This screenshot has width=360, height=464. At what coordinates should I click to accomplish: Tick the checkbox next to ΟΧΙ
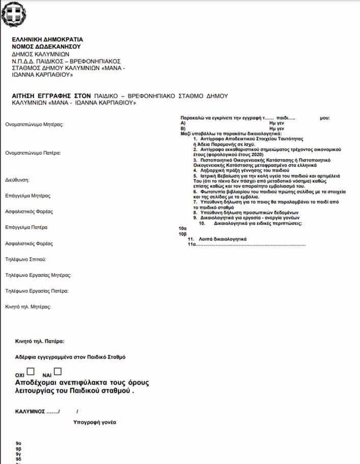pyautogui.click(x=31, y=372)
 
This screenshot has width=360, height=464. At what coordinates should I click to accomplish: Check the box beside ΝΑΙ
pyautogui.click(x=58, y=372)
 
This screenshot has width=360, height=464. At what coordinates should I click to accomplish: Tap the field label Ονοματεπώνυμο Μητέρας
pyautogui.click(x=36, y=124)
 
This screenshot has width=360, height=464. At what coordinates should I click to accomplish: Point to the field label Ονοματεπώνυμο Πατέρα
pyautogui.click(x=34, y=153)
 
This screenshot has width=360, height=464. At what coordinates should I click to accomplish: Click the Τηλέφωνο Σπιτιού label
pyautogui.click(x=26, y=260)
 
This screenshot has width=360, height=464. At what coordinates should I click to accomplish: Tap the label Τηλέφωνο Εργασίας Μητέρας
pyautogui.click(x=38, y=276)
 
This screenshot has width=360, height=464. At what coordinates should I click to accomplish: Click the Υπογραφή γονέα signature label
pyautogui.click(x=95, y=422)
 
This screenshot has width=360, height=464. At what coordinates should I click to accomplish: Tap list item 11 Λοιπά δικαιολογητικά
pyautogui.click(x=217, y=239)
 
